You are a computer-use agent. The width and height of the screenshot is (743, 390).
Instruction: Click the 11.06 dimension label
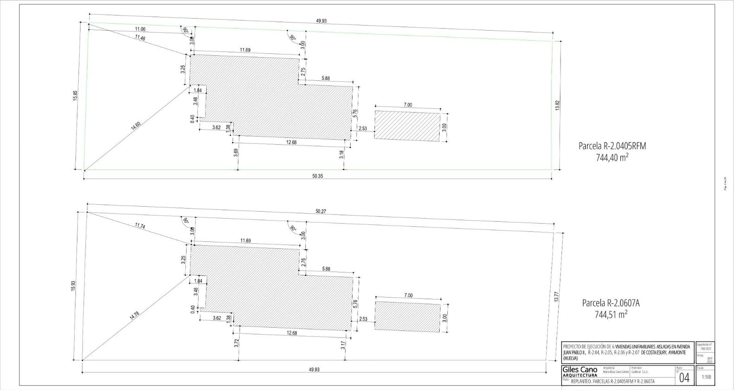[140, 29]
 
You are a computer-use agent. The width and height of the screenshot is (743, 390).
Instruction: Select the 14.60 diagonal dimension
[136, 125]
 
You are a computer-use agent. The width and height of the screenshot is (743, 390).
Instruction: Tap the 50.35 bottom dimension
[318, 175]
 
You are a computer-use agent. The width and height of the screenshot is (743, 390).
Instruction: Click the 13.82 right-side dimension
[558, 105]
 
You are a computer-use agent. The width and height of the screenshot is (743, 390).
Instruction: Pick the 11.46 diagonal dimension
[140, 38]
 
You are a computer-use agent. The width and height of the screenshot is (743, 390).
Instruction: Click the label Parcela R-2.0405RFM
[612, 146]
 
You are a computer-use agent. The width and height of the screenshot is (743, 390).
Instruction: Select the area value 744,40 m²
[612, 157]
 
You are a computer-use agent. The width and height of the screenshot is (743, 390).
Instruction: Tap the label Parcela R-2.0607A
[611, 303]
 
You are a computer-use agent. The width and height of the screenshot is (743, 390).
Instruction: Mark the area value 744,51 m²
[611, 314]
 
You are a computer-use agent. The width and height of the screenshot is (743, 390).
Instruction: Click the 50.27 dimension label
[320, 212]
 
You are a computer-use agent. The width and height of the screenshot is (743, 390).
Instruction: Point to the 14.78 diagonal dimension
[134, 315]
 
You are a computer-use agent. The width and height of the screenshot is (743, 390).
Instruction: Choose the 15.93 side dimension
[73, 286]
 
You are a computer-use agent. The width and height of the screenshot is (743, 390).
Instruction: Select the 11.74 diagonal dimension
[140, 226]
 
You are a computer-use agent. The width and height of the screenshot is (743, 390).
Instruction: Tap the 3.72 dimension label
[237, 343]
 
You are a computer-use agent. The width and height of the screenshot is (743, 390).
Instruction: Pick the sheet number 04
[684, 377]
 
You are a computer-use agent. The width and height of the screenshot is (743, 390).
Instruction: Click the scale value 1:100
[706, 377]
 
